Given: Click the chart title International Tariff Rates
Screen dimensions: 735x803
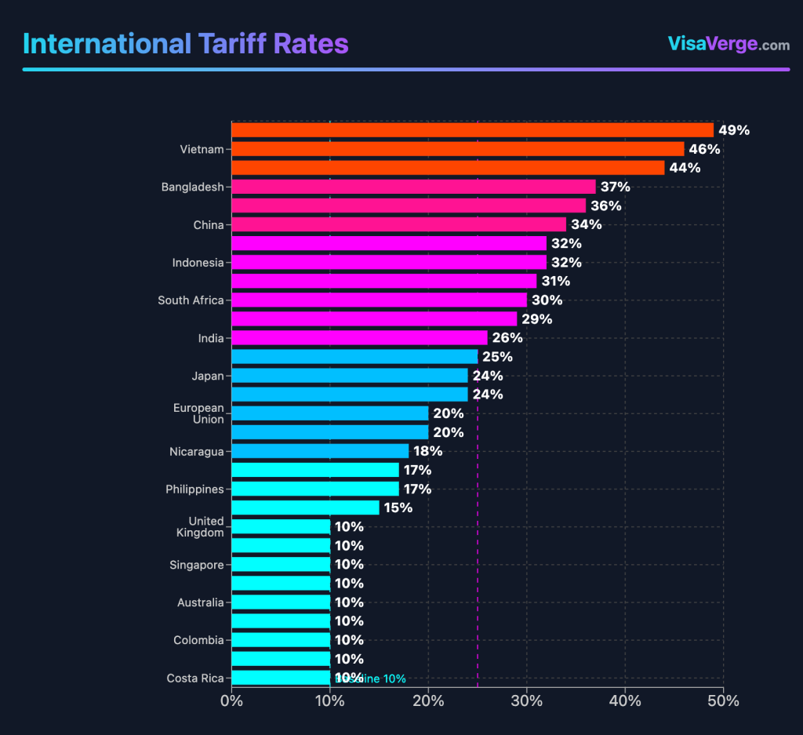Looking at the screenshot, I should [x=186, y=43].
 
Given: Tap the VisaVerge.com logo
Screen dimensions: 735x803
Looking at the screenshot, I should [x=729, y=44].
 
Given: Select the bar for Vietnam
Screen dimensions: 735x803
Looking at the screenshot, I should [x=457, y=149].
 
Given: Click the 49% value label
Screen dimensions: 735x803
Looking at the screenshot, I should [x=733, y=130].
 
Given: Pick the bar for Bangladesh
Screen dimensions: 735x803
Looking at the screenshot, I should [x=413, y=187].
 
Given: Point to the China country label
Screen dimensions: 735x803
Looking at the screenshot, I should [x=209, y=225].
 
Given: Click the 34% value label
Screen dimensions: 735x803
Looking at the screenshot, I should [x=586, y=225].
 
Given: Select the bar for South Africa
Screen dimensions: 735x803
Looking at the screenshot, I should [x=379, y=300].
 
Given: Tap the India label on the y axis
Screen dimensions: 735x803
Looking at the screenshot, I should [x=211, y=338].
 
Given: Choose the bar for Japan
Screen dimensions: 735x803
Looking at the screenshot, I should [x=350, y=376].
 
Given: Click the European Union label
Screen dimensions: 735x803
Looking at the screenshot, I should [x=198, y=413].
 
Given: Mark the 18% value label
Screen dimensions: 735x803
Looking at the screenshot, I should [x=428, y=452].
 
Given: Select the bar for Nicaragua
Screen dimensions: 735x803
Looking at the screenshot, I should [x=320, y=451].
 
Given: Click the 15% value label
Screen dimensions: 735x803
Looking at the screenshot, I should [x=398, y=508].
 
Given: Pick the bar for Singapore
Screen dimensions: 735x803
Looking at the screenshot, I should [x=281, y=565].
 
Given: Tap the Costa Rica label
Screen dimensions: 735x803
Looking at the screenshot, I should [x=195, y=679].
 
